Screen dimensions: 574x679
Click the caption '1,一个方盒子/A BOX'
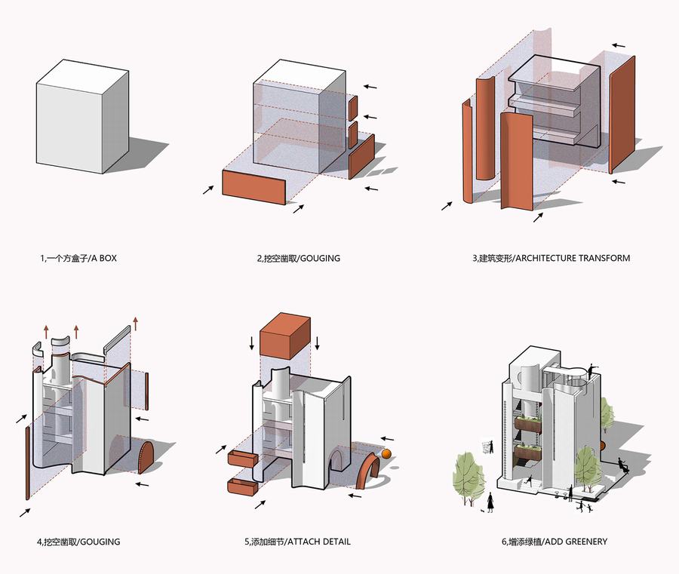78,259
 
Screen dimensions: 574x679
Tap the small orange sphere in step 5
387,454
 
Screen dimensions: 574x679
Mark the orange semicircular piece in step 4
146,459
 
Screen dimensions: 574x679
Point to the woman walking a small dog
491,502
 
